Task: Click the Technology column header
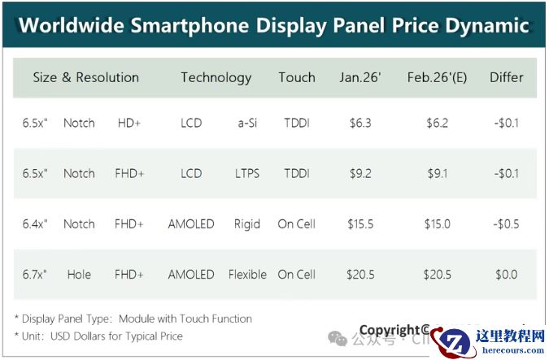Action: (x=216, y=78)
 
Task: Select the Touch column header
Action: (x=296, y=78)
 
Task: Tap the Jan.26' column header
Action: (x=359, y=78)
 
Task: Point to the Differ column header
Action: (x=506, y=78)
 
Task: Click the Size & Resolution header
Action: (x=85, y=78)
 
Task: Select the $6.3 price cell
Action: (x=359, y=124)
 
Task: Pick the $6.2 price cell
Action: (x=438, y=124)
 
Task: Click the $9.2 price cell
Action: (x=359, y=174)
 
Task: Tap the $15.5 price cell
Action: (x=359, y=224)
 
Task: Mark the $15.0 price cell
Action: (x=438, y=224)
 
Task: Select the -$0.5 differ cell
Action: (x=506, y=224)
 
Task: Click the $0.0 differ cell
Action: (x=506, y=275)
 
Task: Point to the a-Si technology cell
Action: (x=247, y=124)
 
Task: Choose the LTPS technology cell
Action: (x=247, y=174)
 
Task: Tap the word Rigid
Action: (x=247, y=224)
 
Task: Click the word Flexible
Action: (x=247, y=275)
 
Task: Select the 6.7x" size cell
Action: (x=35, y=275)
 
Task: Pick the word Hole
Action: (x=79, y=275)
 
